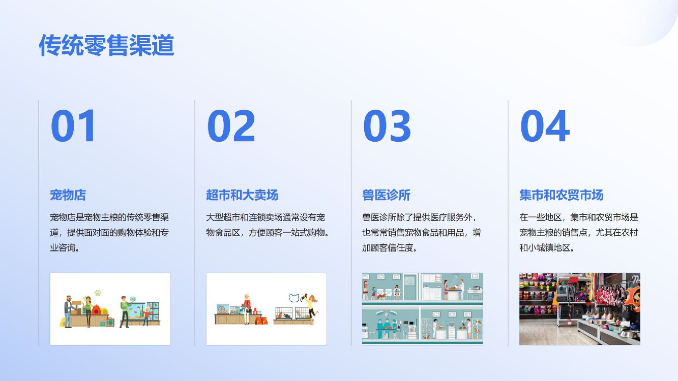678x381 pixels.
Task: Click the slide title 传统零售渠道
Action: tap(106, 45)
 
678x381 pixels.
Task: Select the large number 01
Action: tap(73, 125)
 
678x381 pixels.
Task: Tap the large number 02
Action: tap(231, 125)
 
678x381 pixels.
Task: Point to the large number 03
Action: tap(387, 125)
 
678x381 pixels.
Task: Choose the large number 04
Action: tap(545, 125)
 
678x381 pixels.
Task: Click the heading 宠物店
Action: tap(68, 195)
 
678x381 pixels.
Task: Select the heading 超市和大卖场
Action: tap(242, 195)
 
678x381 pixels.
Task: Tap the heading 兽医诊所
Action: tap(386, 195)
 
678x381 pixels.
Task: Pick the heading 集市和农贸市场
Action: tap(562, 195)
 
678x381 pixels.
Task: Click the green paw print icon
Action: tap(98, 293)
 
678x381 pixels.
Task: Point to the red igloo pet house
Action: tap(96, 310)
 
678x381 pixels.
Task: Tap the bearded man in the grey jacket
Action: tap(68, 311)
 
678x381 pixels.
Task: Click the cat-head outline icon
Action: tap(294, 298)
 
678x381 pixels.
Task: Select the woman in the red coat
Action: tap(247, 309)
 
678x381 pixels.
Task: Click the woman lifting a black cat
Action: tap(311, 307)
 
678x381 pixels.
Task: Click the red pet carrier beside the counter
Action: tap(110, 322)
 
